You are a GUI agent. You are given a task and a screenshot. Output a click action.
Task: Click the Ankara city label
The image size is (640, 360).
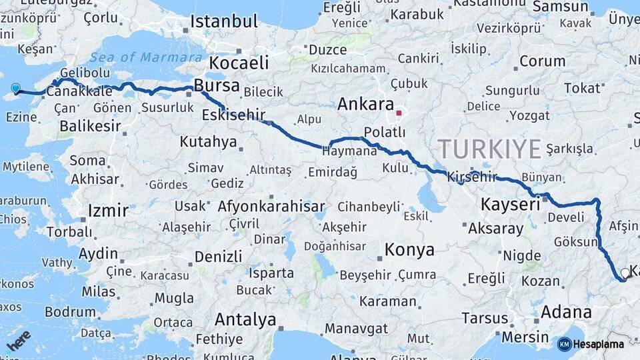(365, 104)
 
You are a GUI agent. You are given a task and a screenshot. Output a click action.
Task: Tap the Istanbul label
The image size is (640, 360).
(224, 21)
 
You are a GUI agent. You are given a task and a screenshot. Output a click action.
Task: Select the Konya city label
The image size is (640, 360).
(409, 250)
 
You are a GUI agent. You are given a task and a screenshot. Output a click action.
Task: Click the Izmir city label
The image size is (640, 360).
(107, 211)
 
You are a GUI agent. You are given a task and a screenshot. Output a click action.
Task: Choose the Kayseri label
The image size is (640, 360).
(510, 205)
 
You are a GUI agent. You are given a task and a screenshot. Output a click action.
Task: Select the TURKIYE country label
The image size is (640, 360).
(489, 149)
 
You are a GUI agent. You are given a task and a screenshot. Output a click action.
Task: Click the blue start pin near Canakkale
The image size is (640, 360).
(16, 88)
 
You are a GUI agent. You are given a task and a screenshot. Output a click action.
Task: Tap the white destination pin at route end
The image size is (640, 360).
(625, 273)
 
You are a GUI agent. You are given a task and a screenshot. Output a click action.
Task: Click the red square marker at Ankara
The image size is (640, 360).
(399, 113)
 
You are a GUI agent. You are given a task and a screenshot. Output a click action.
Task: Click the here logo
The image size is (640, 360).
(19, 340)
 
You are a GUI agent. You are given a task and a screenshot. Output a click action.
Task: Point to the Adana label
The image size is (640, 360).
(566, 311)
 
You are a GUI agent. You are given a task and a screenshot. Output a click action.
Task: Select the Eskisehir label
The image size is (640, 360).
(233, 113)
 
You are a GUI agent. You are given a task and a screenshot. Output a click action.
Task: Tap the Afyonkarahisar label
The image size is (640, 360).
(271, 207)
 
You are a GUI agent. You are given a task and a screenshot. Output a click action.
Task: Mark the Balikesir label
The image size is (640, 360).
(90, 125)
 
